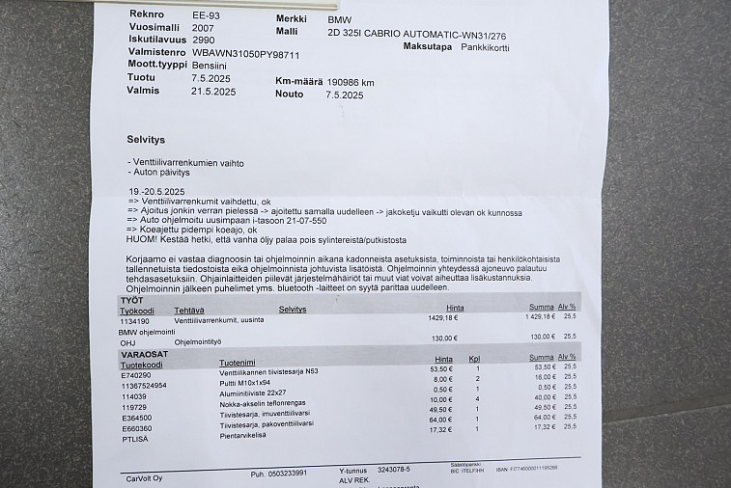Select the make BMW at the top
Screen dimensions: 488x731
(x=340, y=19)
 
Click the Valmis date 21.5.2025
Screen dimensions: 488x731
(x=213, y=92)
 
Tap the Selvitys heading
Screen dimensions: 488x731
(x=146, y=139)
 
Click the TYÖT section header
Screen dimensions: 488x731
(x=131, y=301)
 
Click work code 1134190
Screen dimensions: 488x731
(x=136, y=319)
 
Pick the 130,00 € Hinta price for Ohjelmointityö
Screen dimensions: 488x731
(x=444, y=338)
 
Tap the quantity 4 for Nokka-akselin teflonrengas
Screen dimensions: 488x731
(x=476, y=398)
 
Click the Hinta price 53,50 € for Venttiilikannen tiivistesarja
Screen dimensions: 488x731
(x=441, y=368)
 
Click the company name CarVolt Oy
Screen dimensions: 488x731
(x=145, y=477)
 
